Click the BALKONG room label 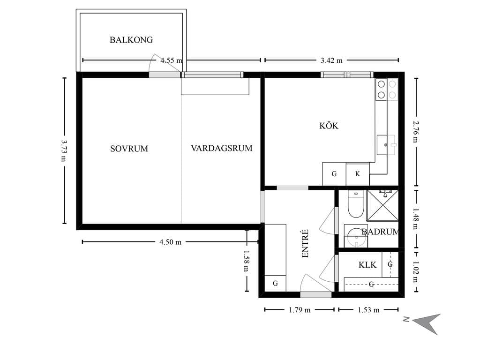(131, 40)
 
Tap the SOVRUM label (129, 149)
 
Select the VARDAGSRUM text (222, 148)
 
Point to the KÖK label (329, 125)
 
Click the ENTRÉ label (305, 244)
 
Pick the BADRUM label (380, 232)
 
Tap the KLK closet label (367, 265)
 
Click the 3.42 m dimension (331, 60)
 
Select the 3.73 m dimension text (64, 151)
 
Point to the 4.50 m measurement (170, 242)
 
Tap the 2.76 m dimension (415, 132)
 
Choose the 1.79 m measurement (300, 310)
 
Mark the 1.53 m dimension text (368, 310)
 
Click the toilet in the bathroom (356, 204)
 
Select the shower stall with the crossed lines (382, 205)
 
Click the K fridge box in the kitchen (358, 174)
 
